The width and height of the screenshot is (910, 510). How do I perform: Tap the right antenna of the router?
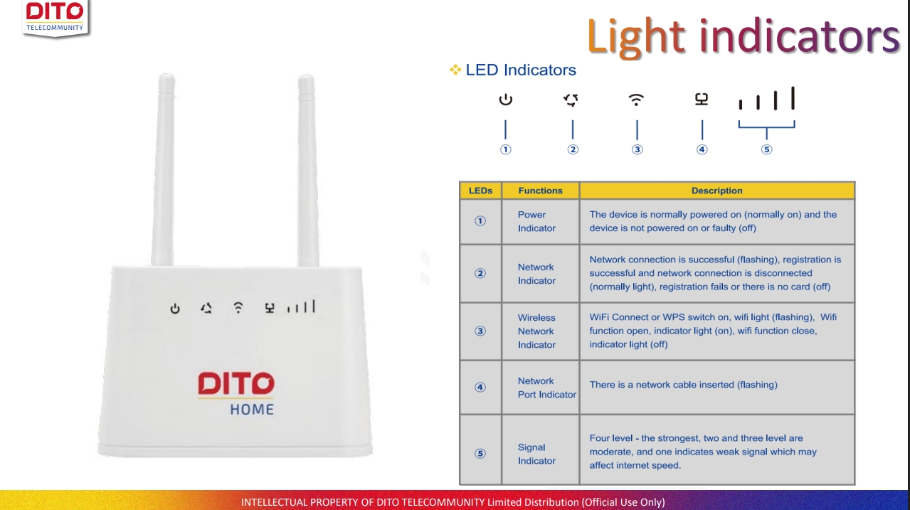[x=307, y=171]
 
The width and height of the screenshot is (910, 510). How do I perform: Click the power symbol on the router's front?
[x=175, y=309]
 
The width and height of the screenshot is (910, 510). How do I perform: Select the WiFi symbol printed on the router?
[x=238, y=307]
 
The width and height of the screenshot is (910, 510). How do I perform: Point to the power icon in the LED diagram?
[x=505, y=100]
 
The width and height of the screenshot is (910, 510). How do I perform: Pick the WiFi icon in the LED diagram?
[x=637, y=100]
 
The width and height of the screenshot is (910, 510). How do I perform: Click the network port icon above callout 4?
[x=702, y=100]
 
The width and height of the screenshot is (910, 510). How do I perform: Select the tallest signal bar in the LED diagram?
[x=793, y=99]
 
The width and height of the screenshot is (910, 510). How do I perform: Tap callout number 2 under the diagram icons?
[x=573, y=149]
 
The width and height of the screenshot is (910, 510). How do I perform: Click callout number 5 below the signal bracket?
[x=766, y=149]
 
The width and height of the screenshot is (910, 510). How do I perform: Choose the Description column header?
[x=716, y=191]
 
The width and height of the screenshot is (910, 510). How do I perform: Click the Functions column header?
[x=540, y=191]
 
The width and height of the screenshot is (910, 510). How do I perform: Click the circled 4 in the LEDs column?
[x=480, y=388]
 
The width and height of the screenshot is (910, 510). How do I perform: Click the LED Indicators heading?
[x=520, y=70]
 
